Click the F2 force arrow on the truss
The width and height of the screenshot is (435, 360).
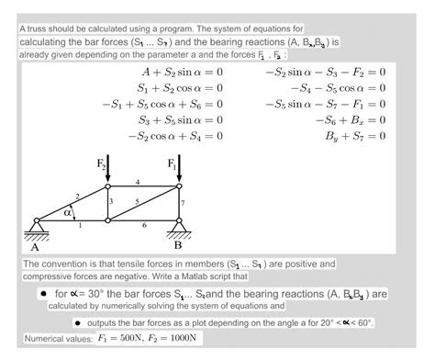pyautogui.click(x=107, y=170)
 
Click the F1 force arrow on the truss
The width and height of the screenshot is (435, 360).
pyautogui.click(x=179, y=170)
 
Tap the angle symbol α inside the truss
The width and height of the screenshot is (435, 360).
pyautogui.click(x=67, y=212)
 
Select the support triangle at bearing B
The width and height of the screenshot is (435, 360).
pyautogui.click(x=179, y=227)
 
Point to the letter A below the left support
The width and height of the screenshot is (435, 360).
pyautogui.click(x=36, y=245)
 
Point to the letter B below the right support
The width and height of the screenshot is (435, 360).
pyautogui.click(x=179, y=245)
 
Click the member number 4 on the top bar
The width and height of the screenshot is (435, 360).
pyautogui.click(x=138, y=182)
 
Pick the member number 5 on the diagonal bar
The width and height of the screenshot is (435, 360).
pyautogui.click(x=137, y=201)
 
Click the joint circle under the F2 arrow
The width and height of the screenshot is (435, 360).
pyautogui.click(x=107, y=186)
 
